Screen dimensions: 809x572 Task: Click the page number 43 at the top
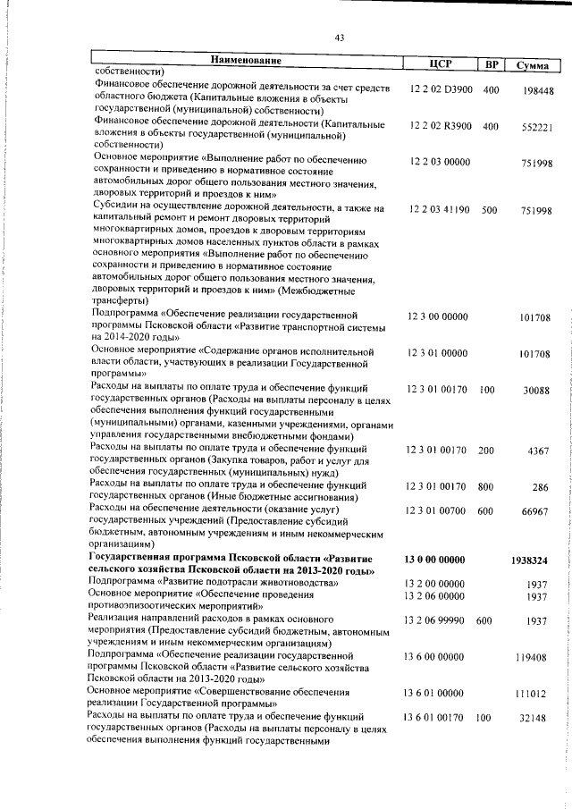340,37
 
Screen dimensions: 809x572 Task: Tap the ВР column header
491,64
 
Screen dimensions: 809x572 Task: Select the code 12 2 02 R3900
442,126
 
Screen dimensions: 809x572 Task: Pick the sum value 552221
540,127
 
